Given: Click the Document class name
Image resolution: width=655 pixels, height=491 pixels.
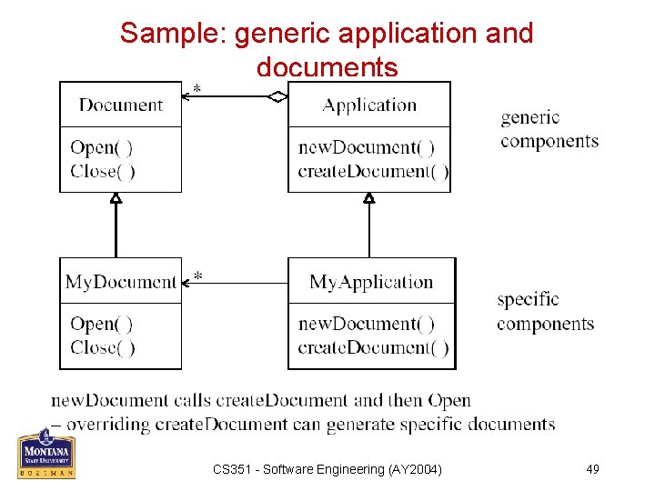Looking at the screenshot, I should coord(121,105).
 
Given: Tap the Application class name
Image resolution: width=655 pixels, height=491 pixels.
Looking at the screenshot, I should coord(369,105).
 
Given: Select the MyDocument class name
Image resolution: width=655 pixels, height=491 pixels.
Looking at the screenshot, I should coord(121,282).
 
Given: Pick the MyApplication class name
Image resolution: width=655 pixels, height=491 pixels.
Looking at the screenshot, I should coord(371,282).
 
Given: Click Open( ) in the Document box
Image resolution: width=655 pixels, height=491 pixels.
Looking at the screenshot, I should coord(101,147).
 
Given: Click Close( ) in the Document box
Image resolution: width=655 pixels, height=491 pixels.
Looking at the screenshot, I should coord(103,171).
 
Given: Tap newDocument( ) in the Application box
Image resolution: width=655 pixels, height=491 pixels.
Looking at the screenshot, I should coord(367,147).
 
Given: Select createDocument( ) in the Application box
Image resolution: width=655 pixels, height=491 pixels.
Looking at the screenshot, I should coord(373,171).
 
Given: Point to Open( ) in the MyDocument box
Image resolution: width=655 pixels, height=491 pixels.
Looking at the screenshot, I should coord(101,324).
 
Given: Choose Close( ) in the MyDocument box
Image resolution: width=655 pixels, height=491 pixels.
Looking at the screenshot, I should coord(103,347).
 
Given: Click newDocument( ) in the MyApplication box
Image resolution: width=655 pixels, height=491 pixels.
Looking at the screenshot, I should coord(367,324).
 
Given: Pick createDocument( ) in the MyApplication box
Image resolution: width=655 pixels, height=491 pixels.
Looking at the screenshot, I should coord(373,347).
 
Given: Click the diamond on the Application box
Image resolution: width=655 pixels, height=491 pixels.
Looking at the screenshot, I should coord(278,95).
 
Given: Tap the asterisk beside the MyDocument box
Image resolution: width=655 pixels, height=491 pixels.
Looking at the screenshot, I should coord(197,276).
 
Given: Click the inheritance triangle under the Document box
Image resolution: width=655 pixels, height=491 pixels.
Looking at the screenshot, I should coord(116,197).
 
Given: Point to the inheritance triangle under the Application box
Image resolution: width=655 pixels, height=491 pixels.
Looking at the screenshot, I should coord(369,197).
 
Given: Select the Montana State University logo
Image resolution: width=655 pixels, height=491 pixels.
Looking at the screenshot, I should coord(46,453).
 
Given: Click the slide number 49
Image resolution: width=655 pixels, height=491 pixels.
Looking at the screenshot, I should coord(592,469).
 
